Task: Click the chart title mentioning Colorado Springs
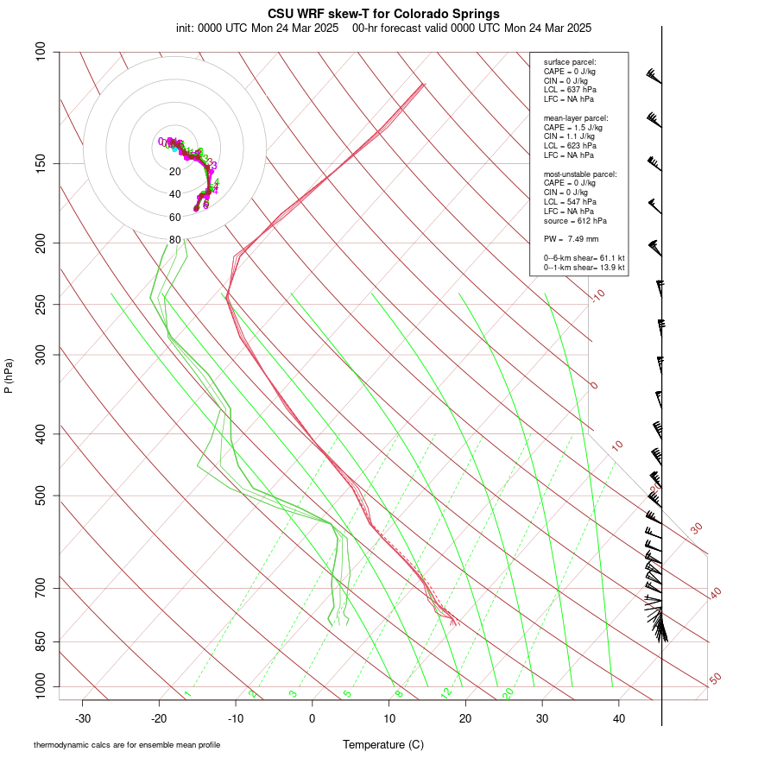(383, 14)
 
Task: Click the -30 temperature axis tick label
(83, 718)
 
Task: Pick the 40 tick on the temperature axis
(619, 718)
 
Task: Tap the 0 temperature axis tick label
(313, 718)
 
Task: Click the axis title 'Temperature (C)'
(383, 744)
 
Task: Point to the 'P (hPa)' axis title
(9, 376)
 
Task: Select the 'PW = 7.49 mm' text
(571, 238)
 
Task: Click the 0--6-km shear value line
(584, 258)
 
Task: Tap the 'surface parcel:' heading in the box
(570, 62)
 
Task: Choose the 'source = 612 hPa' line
(574, 221)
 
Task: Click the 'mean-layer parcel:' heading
(576, 117)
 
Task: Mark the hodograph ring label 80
(174, 240)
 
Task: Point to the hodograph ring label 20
(174, 172)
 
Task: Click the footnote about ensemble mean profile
(127, 744)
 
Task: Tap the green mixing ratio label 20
(508, 693)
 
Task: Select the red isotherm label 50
(715, 679)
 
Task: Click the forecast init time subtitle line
(383, 28)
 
